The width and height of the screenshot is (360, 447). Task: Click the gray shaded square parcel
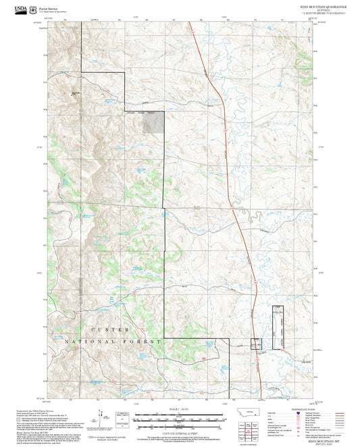click(155, 122)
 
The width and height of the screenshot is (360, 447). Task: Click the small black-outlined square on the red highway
click(255, 344)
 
